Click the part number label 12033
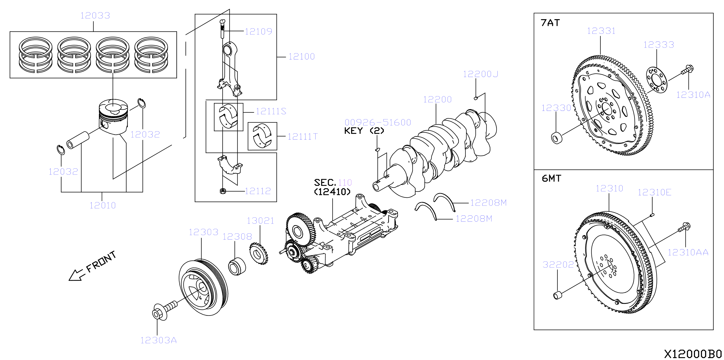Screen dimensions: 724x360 pos(95,16)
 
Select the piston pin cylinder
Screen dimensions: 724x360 pos(78,140)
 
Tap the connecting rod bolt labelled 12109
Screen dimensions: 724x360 pos(222,29)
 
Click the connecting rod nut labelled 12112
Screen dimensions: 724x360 pos(223,191)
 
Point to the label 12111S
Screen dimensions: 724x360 pos(271,111)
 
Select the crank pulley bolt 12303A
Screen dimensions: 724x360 pos(165,311)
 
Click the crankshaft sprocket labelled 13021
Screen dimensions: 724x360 pos(258,254)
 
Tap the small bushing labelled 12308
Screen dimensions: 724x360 pos(237,266)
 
